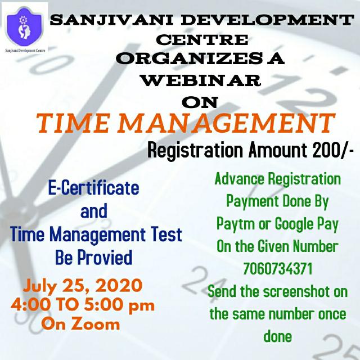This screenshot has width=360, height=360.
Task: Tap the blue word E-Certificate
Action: tap(92, 188)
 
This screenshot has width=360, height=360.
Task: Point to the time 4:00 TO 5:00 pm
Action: tap(82, 305)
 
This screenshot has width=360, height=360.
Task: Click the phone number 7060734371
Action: tap(277, 269)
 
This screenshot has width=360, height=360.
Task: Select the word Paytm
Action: tap(237, 224)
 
